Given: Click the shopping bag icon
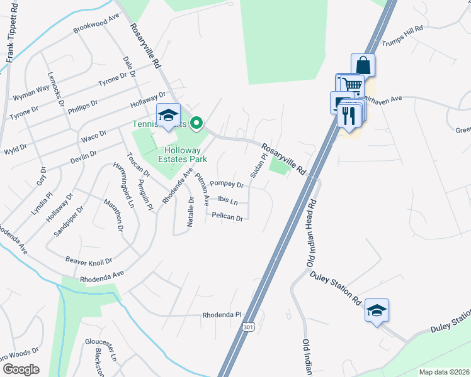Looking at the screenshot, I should pyautogui.click(x=363, y=65).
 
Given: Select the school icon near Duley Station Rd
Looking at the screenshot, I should pyautogui.click(x=377, y=310).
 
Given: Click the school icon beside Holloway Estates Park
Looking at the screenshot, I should pyautogui.click(x=168, y=115).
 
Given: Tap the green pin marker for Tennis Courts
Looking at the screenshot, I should pyautogui.click(x=196, y=123).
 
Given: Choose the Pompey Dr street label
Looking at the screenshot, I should pyautogui.click(x=227, y=185).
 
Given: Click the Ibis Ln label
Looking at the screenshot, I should pyautogui.click(x=227, y=201).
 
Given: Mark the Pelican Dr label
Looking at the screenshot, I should pyautogui.click(x=227, y=217).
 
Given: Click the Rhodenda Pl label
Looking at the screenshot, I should pyautogui.click(x=222, y=315).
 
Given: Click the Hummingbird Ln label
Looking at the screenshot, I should pyautogui.click(x=123, y=185).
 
